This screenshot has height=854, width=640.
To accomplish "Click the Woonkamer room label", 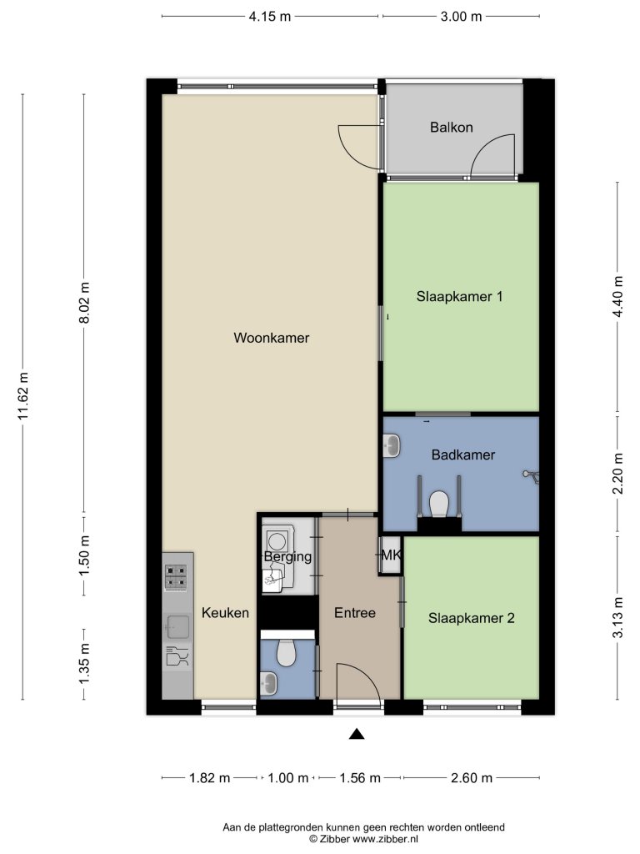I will coord(272,338).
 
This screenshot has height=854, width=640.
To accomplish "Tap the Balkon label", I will coord(452,128).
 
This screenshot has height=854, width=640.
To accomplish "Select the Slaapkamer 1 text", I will coord(459,296).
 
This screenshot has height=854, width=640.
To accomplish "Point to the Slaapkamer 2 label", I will coord(472,618).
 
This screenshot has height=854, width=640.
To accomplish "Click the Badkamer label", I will coord(463,455).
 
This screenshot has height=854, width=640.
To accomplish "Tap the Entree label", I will coord(355,613).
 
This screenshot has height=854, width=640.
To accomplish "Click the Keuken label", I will coord(225,613).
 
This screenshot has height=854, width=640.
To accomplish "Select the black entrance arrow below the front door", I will coord(357,734).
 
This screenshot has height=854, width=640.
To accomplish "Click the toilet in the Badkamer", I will coord(439,503).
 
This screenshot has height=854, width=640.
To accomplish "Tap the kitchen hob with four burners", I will coord(177,577).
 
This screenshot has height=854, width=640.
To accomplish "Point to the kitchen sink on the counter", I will coord(177,622).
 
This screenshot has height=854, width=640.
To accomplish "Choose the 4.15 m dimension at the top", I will coord(269,17).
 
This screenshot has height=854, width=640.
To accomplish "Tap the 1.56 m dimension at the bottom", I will coord(357,778).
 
